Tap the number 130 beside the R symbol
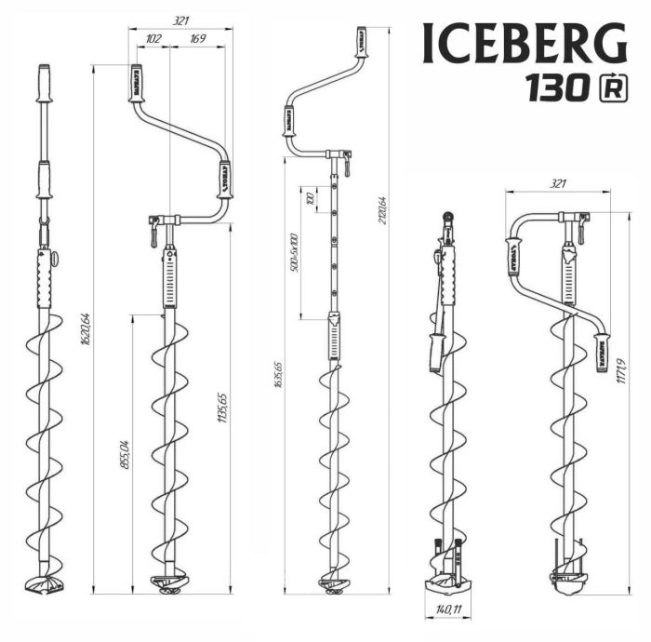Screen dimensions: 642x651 click(555, 88)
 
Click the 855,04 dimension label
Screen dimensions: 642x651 click(126, 450)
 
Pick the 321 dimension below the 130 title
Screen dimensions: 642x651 click(557, 185)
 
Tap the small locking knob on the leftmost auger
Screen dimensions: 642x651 click(54, 261)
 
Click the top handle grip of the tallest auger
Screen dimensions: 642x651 click(359, 43)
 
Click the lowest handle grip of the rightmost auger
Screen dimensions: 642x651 click(602, 352)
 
